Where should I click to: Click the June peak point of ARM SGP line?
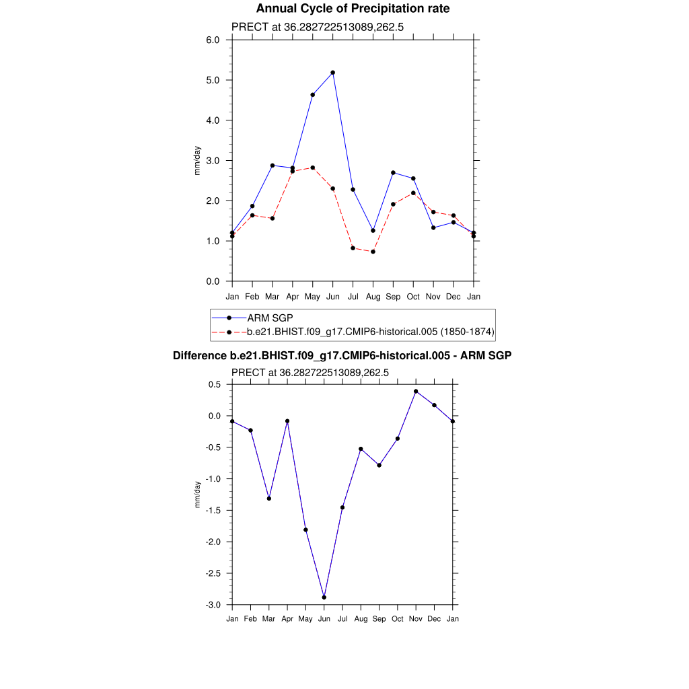[x=332, y=73]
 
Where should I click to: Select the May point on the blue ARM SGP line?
[x=313, y=95]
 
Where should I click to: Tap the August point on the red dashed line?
[x=373, y=252]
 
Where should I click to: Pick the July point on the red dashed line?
[x=353, y=248]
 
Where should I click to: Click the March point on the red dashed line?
[x=273, y=218]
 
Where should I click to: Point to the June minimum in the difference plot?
[x=324, y=597]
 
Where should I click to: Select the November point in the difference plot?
[x=416, y=391]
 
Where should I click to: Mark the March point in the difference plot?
[x=269, y=499]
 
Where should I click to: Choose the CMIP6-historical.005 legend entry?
[x=371, y=332]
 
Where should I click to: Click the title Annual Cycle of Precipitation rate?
[x=353, y=9]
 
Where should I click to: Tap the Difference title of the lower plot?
[x=342, y=355]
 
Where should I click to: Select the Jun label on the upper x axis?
[x=332, y=297]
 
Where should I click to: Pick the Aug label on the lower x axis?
[x=361, y=619]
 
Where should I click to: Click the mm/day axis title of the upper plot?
[x=198, y=161]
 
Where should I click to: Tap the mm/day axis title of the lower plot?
[x=198, y=495]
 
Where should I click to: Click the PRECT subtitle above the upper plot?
[x=317, y=27]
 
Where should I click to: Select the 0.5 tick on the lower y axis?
[x=215, y=384]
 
